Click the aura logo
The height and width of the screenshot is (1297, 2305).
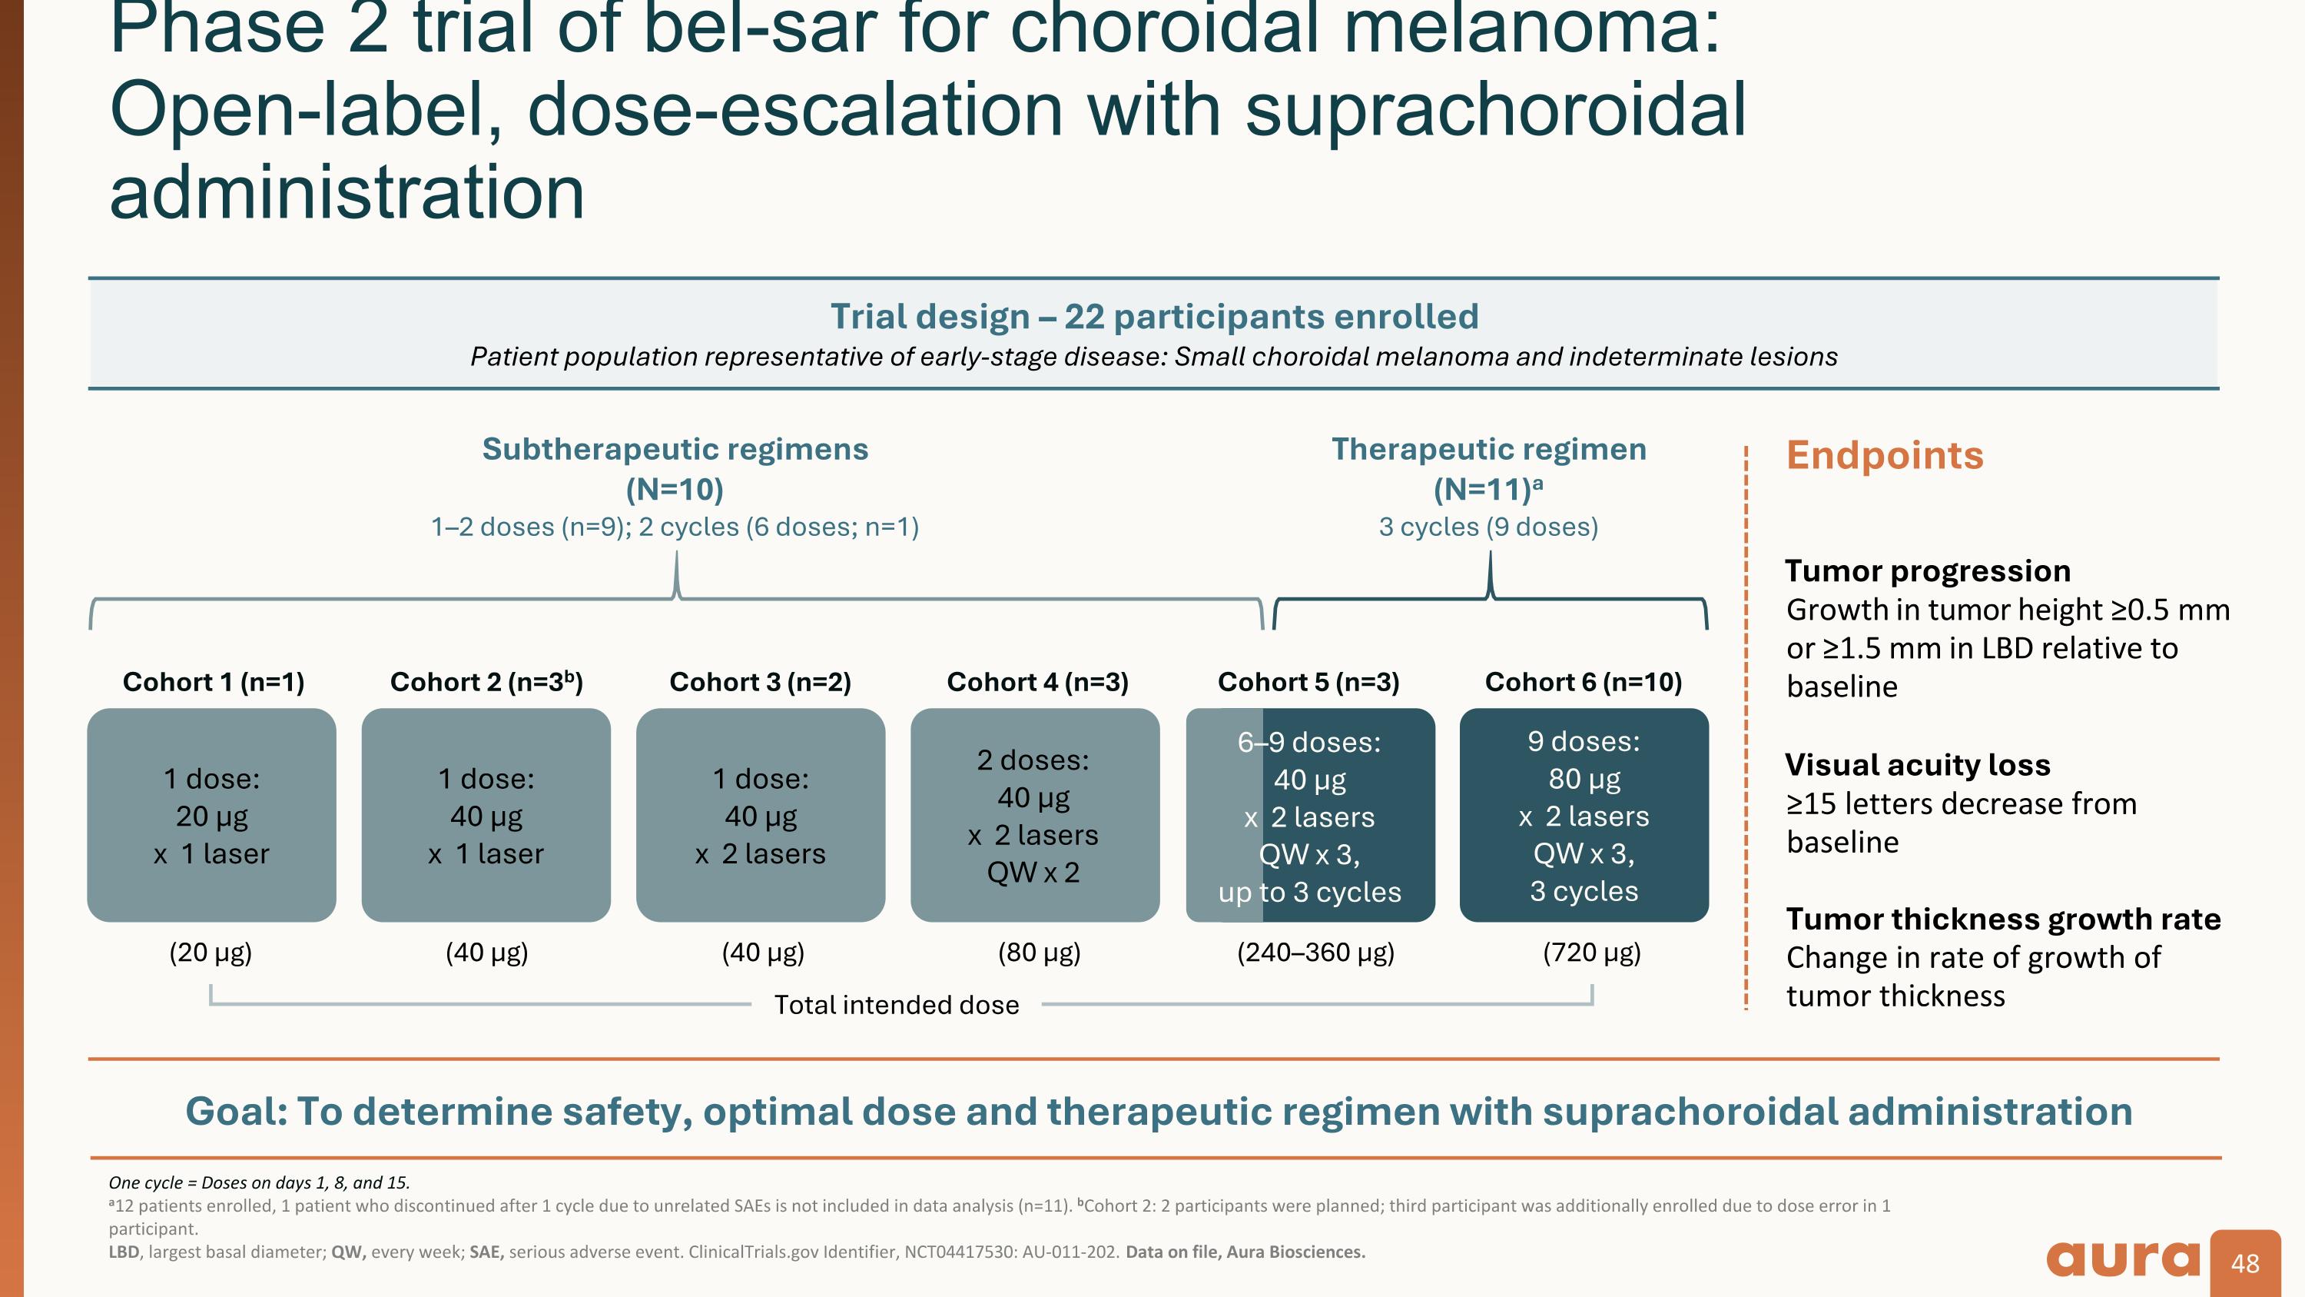tap(2121, 1259)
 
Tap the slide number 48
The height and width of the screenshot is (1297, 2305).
tap(2245, 1263)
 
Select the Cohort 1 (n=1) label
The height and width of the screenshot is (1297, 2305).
tap(213, 682)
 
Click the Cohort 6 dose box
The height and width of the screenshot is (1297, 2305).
tap(1584, 816)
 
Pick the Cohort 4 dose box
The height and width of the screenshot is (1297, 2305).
tap(1034, 816)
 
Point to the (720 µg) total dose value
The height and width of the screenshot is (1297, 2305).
tap(1592, 953)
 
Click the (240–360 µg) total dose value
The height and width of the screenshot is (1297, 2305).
tap(1315, 953)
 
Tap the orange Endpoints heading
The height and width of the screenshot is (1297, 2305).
tap(1885, 456)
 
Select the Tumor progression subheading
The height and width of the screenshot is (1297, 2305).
tap(1928, 571)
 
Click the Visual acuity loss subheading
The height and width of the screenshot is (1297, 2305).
tap(1918, 765)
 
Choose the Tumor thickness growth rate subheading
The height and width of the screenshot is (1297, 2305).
tap(2002, 920)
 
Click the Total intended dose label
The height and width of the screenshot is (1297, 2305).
tap(897, 1005)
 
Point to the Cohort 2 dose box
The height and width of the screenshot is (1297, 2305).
tap(486, 816)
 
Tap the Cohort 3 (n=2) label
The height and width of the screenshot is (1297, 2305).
tap(760, 682)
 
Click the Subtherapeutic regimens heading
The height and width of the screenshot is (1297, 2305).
tap(675, 449)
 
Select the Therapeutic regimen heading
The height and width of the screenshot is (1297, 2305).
tap(1489, 449)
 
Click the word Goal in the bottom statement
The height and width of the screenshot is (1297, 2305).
tap(235, 1112)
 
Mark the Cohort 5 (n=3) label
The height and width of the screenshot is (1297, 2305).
tap(1308, 682)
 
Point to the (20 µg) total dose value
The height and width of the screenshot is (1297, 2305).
tap(211, 953)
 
